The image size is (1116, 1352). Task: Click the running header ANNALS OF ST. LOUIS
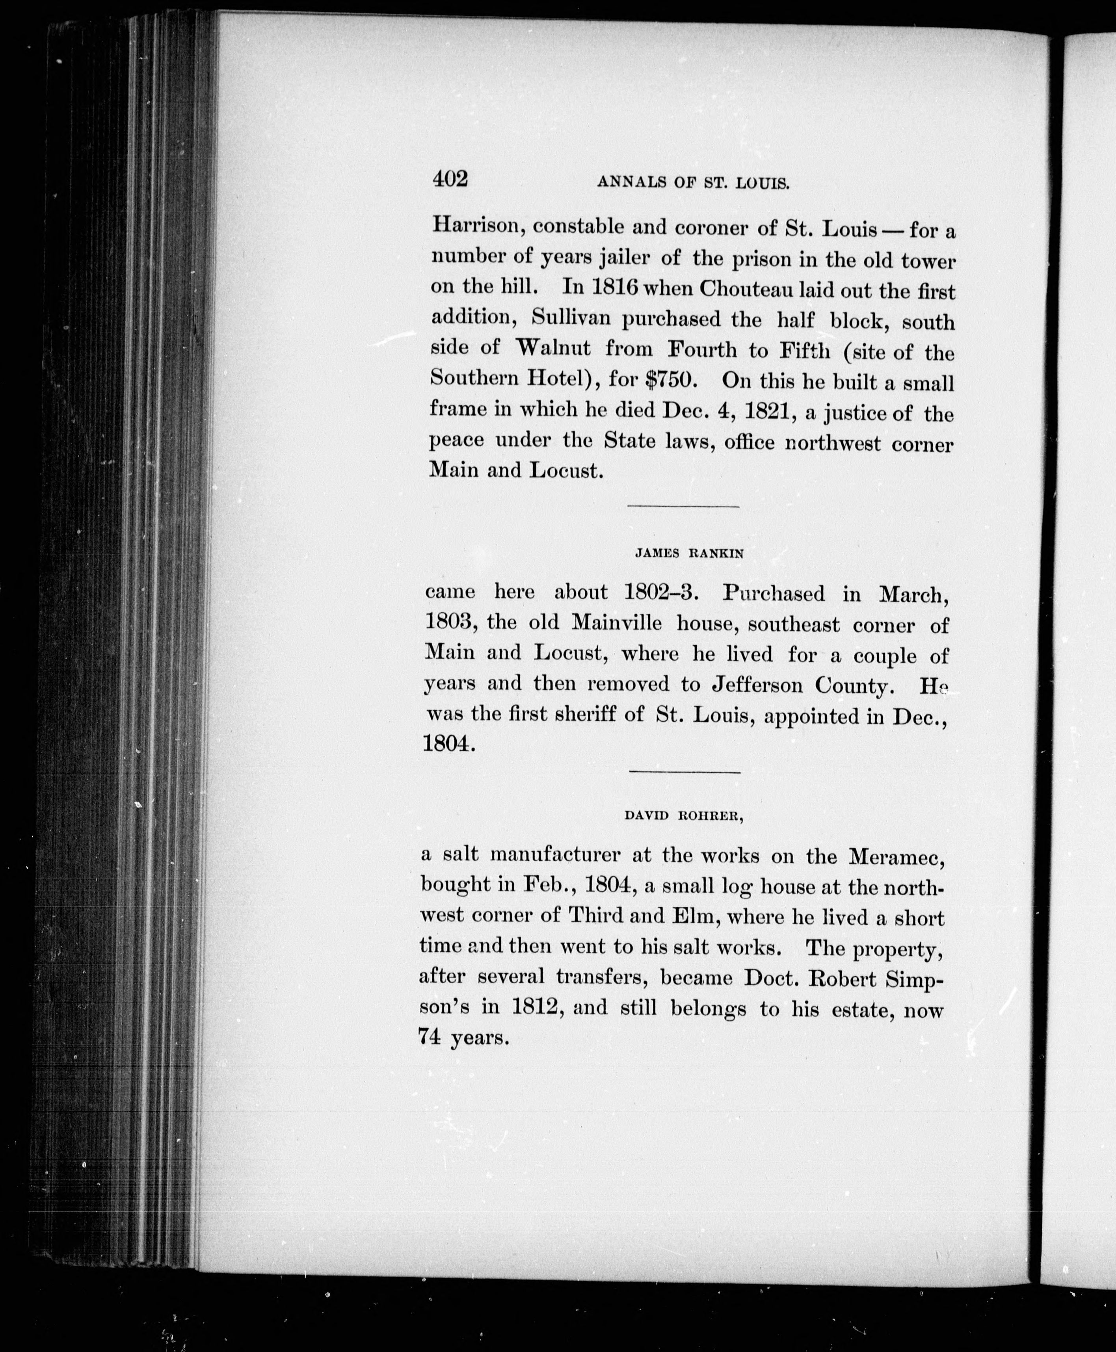[x=693, y=183]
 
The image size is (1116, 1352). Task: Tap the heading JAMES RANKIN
[x=689, y=553]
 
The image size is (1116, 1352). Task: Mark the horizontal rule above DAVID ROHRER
[x=684, y=772]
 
